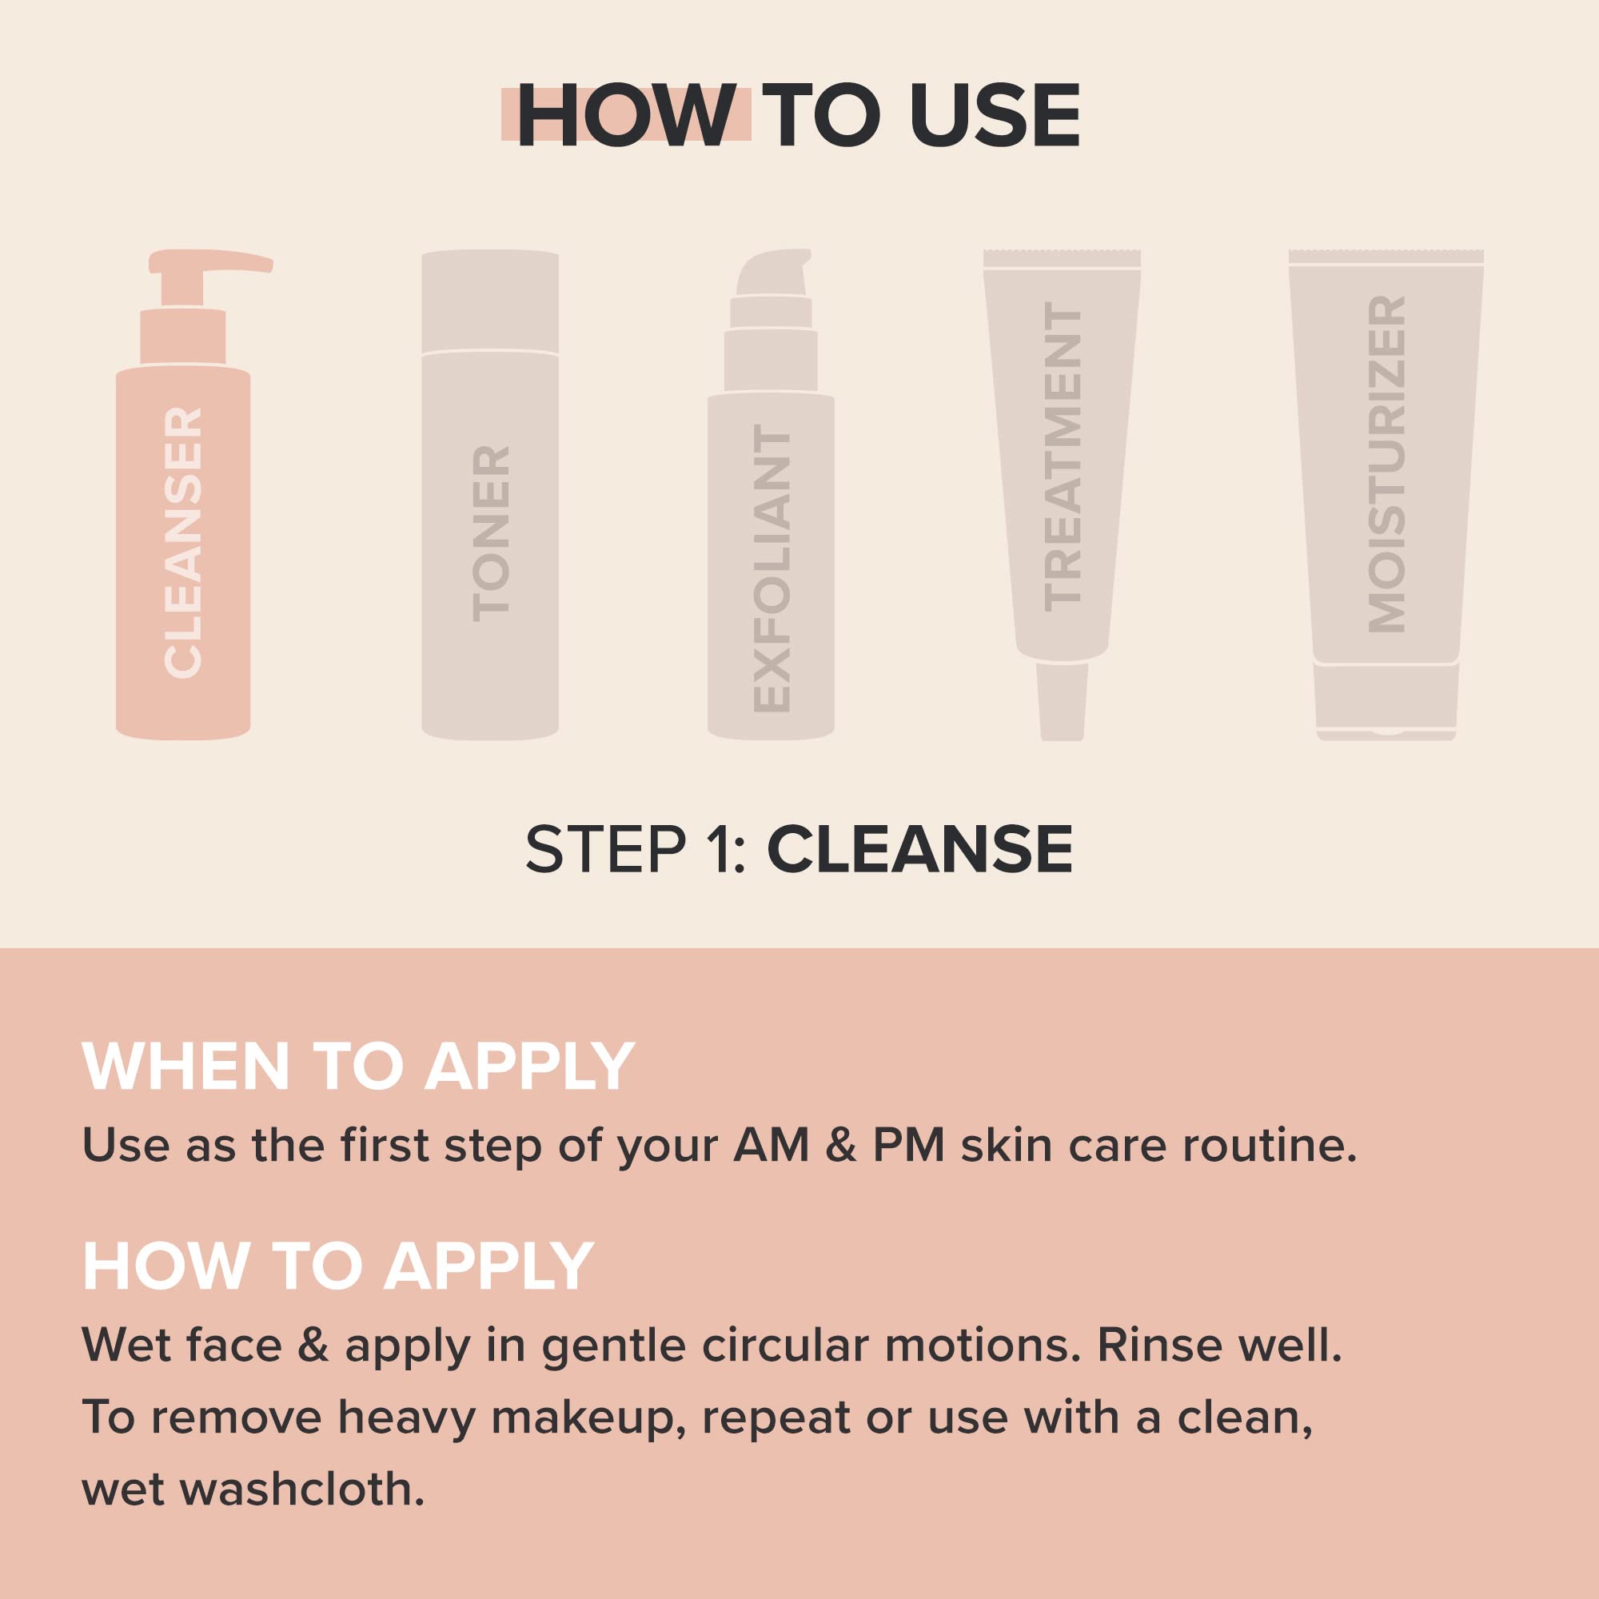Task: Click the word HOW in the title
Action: pyautogui.click(x=626, y=117)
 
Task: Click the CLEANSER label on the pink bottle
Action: pyautogui.click(x=184, y=543)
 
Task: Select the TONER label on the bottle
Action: pyautogui.click(x=491, y=534)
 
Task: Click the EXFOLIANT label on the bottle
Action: pyautogui.click(x=773, y=572)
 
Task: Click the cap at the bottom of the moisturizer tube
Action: pyautogui.click(x=1386, y=700)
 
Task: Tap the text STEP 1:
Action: pyautogui.click(x=636, y=849)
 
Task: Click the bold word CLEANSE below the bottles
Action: pyautogui.click(x=919, y=849)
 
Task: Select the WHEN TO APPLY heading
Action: pyautogui.click(x=358, y=1067)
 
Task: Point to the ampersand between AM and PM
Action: pyautogui.click(x=840, y=1146)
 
